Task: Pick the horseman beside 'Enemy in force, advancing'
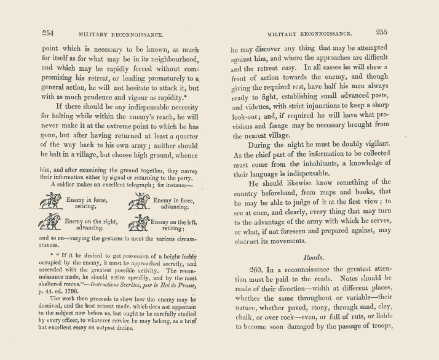(140, 201)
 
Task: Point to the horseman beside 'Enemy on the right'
(51, 223)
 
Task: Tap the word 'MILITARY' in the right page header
(285, 34)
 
